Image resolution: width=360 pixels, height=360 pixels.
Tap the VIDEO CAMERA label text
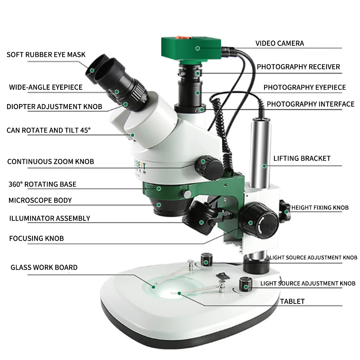coord(280,43)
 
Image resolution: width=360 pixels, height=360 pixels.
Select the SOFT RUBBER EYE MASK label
coord(46,55)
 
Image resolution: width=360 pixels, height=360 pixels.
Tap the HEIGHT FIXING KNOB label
coord(320,208)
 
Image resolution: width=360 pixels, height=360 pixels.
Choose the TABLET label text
coord(292,301)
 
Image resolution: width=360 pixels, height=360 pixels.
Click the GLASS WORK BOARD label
coord(44,267)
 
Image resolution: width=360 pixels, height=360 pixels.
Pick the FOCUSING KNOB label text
coord(36,238)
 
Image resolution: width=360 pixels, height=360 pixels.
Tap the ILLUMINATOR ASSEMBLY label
coord(49,218)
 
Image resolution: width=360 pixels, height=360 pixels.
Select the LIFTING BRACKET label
coord(302,158)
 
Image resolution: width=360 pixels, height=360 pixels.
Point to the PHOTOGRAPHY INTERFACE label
coord(310,104)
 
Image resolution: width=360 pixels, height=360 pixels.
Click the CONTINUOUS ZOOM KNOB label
coord(50,162)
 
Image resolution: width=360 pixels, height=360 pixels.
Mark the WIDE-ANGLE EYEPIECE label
coord(46,87)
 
